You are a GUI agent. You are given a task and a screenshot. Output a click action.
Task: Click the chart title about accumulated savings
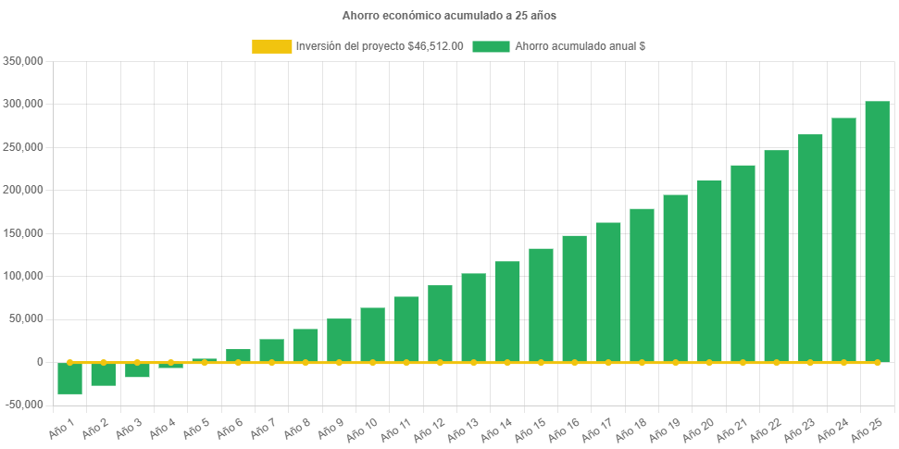[x=449, y=16]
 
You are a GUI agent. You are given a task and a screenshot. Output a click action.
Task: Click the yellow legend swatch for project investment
[x=271, y=46]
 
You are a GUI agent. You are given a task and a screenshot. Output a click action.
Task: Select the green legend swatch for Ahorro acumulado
[x=491, y=46]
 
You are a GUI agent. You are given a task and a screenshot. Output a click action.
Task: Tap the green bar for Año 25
[x=877, y=231]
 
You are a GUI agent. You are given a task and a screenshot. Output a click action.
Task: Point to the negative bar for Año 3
[x=137, y=369]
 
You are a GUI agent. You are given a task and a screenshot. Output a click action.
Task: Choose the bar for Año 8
[x=306, y=345]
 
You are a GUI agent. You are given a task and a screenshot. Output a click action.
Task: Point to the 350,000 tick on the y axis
[x=25, y=61]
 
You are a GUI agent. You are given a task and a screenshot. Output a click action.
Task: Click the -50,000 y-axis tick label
[x=25, y=405]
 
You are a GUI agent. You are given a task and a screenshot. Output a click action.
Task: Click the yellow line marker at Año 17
[x=608, y=362]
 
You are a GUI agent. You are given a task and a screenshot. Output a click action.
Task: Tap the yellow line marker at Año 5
[x=205, y=362]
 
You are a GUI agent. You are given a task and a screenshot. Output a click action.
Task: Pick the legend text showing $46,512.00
[x=380, y=46]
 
